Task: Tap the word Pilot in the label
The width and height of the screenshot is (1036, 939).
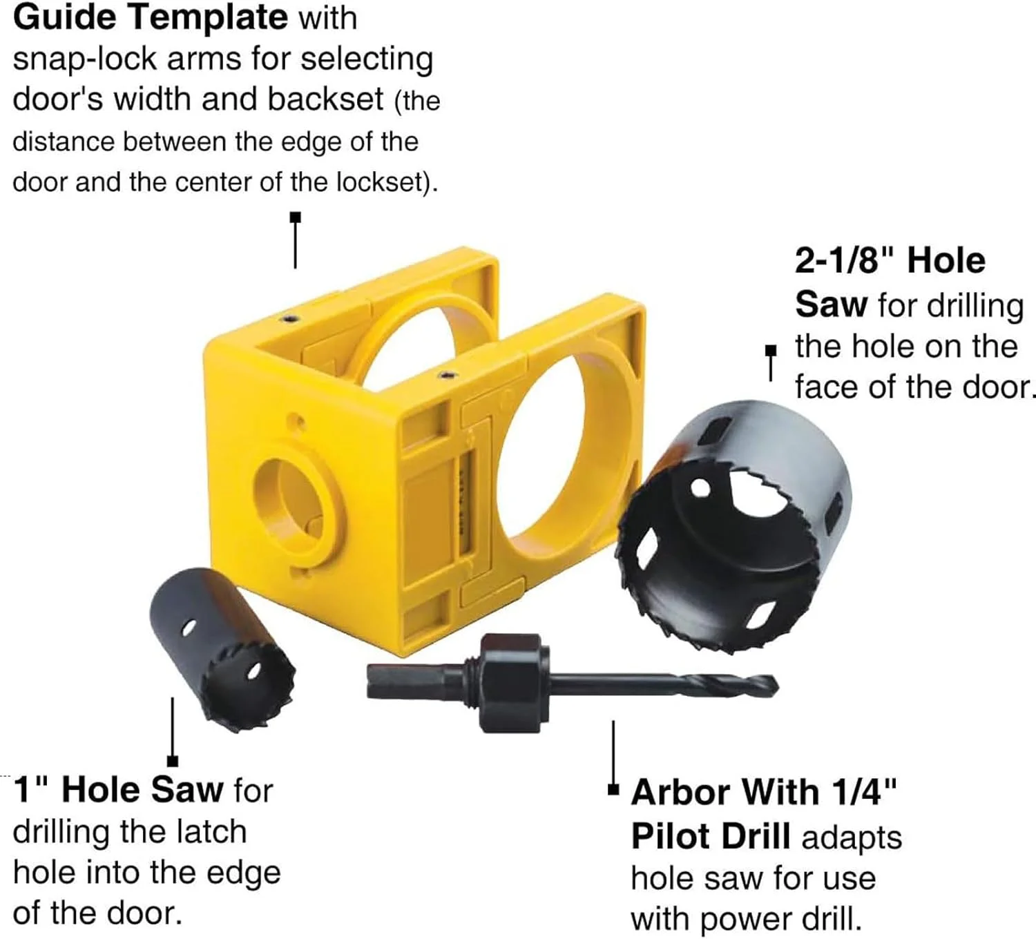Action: [x=667, y=837]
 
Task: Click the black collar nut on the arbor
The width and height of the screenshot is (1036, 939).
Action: [x=510, y=683]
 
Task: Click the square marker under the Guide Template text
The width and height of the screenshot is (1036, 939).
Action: [x=295, y=217]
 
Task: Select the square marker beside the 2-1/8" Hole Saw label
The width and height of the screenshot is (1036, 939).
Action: [x=771, y=351]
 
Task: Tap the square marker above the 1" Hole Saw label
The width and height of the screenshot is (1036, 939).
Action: [x=173, y=762]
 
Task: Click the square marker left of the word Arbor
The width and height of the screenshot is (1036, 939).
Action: [x=613, y=790]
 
